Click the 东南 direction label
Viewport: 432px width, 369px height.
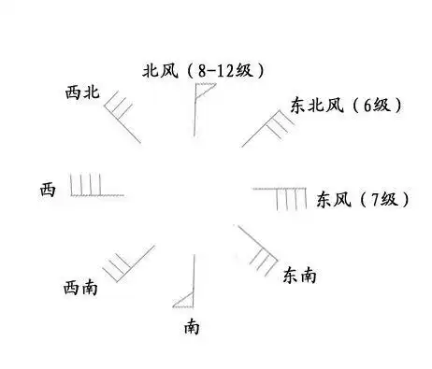[x=299, y=276]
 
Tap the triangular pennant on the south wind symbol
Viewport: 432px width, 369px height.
[x=184, y=300]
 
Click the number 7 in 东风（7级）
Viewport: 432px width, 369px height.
[x=379, y=199]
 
